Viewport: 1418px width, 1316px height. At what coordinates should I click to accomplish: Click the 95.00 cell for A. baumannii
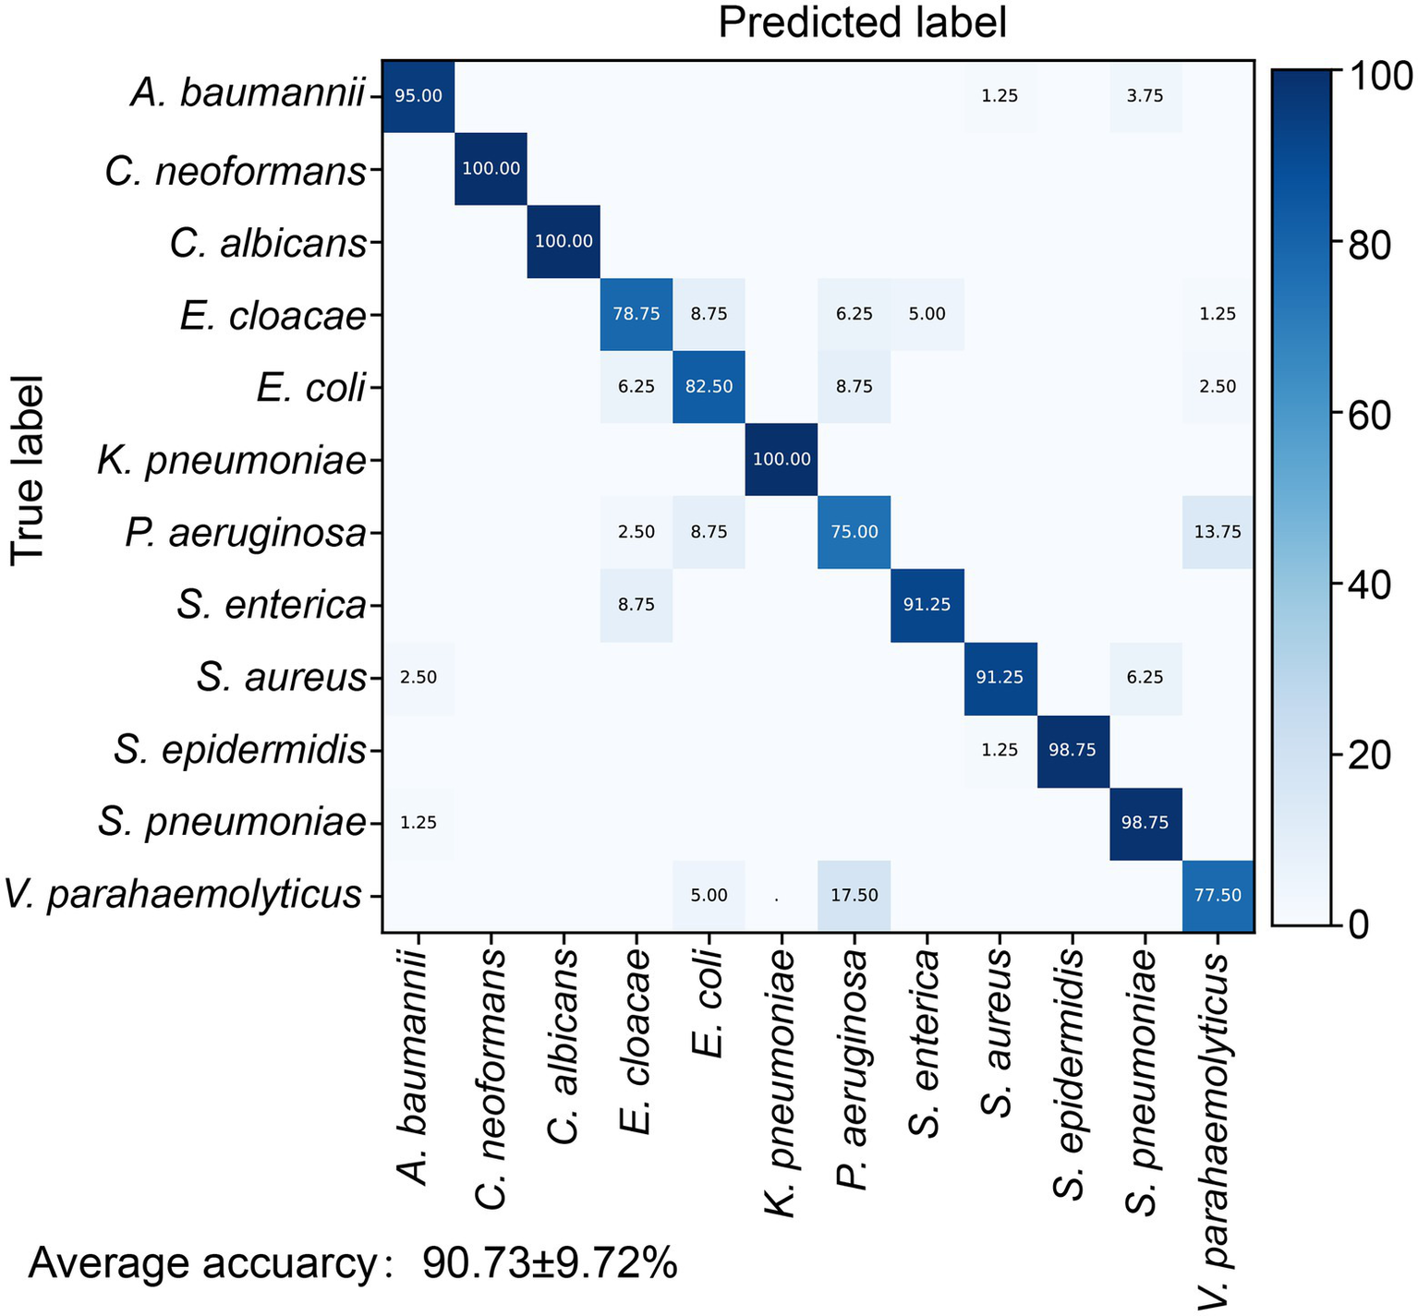[418, 96]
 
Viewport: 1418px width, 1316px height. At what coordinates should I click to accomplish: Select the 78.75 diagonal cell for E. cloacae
[636, 314]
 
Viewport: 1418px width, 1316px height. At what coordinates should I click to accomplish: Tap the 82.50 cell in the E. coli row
[709, 387]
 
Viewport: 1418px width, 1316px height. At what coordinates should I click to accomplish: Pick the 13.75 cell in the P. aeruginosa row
[1218, 532]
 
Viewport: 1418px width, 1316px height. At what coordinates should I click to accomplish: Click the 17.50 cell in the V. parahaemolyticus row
[854, 895]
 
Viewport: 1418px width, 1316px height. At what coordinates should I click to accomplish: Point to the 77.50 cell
[1218, 895]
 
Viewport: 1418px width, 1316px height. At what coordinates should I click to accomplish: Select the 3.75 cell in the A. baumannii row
[1145, 96]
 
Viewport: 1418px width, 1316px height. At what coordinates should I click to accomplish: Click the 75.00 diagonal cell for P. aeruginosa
[854, 532]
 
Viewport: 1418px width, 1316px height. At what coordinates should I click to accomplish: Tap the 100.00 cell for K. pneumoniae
[782, 459]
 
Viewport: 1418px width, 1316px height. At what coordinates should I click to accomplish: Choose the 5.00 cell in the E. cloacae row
[927, 314]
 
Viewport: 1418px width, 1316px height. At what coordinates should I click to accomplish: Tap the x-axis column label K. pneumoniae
[782, 1085]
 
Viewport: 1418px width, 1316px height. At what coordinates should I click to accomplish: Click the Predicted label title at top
[862, 23]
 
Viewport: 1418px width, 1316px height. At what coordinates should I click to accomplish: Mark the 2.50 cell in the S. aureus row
[418, 677]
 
